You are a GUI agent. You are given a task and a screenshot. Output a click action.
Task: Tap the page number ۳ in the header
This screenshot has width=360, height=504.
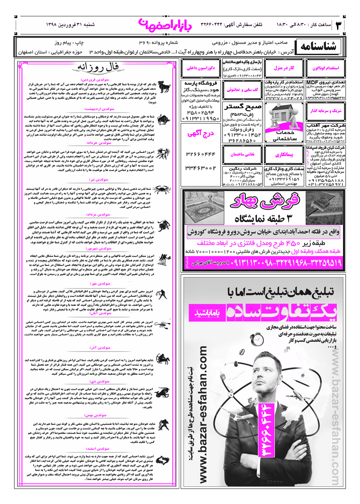coord(339,25)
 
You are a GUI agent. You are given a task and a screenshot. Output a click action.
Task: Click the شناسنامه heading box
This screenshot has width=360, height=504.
coord(318,47)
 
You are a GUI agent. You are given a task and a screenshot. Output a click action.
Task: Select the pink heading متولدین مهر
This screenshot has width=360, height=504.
coord(100,284)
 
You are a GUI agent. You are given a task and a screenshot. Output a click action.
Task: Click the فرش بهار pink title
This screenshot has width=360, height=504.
coord(265,201)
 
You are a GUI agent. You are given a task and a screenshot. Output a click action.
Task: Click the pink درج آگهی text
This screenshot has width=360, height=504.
coord(201,134)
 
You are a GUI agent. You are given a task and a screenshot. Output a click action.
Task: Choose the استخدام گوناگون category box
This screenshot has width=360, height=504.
coord(326,68)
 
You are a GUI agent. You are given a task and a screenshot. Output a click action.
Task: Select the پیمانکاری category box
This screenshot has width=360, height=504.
coord(284,155)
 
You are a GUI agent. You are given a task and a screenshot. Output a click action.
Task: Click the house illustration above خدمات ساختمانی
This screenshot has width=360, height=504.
coord(284,115)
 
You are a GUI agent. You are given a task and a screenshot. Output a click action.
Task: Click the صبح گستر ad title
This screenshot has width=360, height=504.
coord(243,107)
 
